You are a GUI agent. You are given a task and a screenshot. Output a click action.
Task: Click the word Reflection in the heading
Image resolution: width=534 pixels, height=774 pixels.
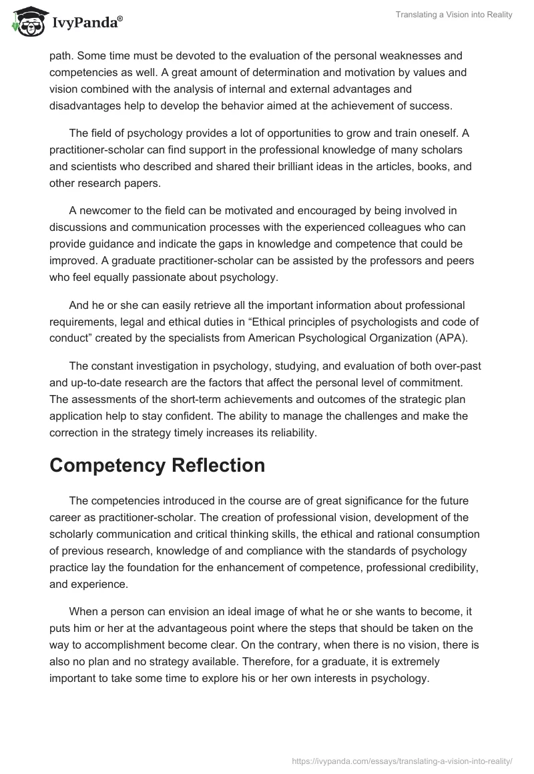(218, 465)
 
